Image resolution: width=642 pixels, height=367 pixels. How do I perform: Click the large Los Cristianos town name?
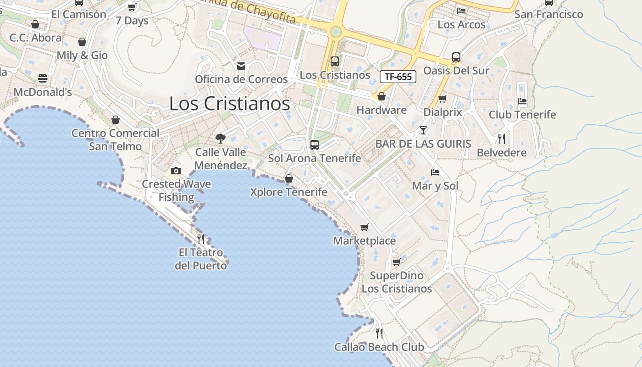point(229,104)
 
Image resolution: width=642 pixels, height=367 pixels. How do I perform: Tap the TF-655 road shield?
point(398,77)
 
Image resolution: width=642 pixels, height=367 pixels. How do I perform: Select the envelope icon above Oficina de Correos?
point(241,66)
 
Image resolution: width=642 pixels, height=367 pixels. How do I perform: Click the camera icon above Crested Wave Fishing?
point(176,171)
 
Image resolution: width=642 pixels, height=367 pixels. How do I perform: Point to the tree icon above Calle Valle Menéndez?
point(221,138)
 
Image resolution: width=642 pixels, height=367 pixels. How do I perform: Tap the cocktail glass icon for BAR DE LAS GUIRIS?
point(423,130)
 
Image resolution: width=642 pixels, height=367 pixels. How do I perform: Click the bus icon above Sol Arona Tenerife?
point(315,145)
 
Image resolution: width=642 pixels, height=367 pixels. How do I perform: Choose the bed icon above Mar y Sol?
point(435,172)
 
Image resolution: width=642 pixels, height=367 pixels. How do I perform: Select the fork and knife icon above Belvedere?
point(502,139)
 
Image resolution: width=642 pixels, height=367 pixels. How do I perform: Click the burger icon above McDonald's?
point(43,78)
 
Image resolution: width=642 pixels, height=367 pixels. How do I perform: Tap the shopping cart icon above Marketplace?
point(365,227)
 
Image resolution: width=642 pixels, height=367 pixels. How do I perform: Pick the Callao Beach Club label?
point(379,347)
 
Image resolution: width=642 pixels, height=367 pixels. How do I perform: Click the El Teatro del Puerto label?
point(201,259)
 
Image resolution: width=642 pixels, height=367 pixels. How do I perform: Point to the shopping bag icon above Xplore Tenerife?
point(289,178)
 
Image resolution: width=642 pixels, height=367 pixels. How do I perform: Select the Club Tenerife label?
point(522,115)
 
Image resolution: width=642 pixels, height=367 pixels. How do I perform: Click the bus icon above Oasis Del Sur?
point(456,57)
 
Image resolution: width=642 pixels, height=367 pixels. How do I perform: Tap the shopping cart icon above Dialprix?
point(443,99)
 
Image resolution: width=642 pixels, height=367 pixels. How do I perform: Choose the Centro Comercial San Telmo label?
point(116,140)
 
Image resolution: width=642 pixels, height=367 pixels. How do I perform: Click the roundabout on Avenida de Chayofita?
point(336,32)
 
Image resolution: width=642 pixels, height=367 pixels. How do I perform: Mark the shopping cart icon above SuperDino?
point(397,262)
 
